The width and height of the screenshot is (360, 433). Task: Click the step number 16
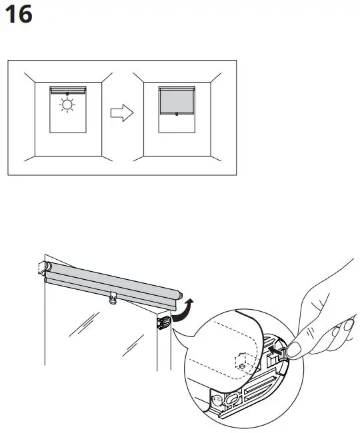point(18,15)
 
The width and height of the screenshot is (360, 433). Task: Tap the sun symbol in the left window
point(67,105)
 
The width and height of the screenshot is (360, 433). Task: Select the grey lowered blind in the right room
point(177,100)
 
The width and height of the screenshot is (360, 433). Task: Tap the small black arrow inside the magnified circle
point(274,348)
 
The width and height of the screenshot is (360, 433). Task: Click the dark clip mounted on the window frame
point(163,323)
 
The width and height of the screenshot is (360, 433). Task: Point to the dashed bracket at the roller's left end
point(45,268)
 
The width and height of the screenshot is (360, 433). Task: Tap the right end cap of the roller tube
point(178,293)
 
